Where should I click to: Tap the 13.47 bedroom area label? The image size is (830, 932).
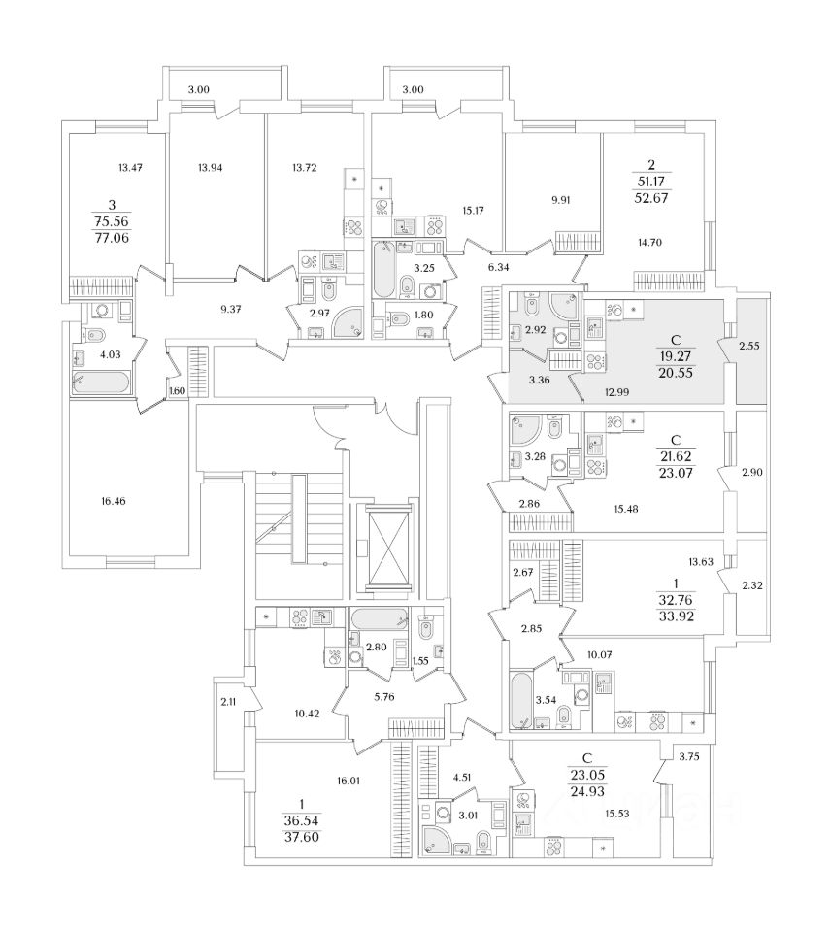click(130, 168)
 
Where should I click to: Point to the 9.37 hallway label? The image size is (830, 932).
click(230, 309)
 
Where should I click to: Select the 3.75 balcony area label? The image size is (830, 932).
click(690, 757)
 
